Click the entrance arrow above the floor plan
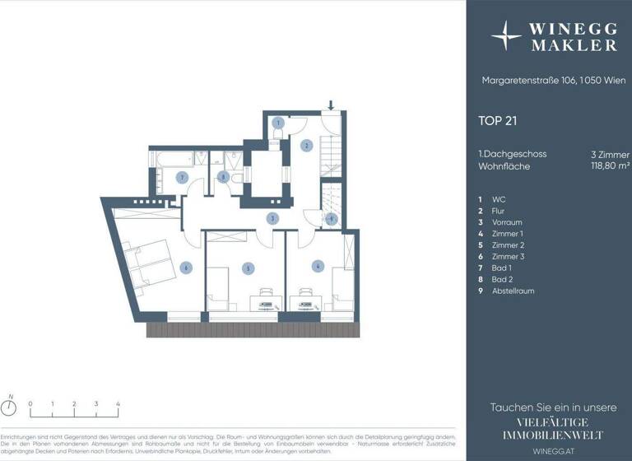coord(331,105)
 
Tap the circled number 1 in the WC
coord(278,123)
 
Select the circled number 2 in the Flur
coord(306,146)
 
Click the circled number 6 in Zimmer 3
coord(187,267)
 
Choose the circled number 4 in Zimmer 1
coord(317,265)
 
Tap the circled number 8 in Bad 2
coord(222,176)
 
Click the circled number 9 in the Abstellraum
coord(330,219)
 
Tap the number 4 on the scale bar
coord(118,404)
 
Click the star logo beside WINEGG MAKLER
coord(506,36)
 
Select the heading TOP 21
coord(498,120)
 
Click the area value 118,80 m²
coord(610,166)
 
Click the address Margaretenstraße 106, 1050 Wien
coord(542,81)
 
